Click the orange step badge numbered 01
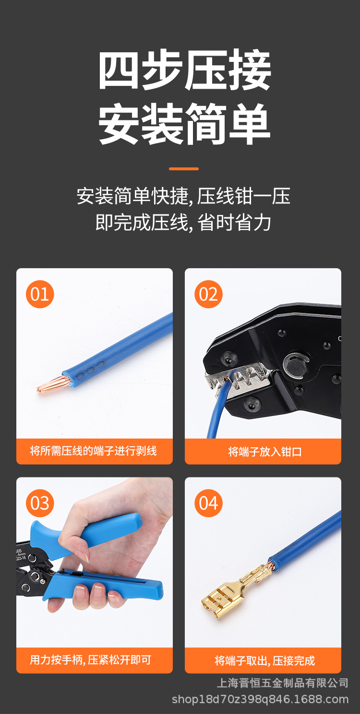(40, 294)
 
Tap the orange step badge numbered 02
(208, 294)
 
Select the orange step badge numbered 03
(40, 503)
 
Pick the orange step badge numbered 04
(208, 503)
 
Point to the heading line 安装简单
(184, 124)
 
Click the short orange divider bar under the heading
(184, 168)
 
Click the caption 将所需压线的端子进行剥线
(94, 451)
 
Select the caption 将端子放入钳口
(263, 452)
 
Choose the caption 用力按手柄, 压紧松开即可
(91, 660)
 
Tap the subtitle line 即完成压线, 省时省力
(183, 223)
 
